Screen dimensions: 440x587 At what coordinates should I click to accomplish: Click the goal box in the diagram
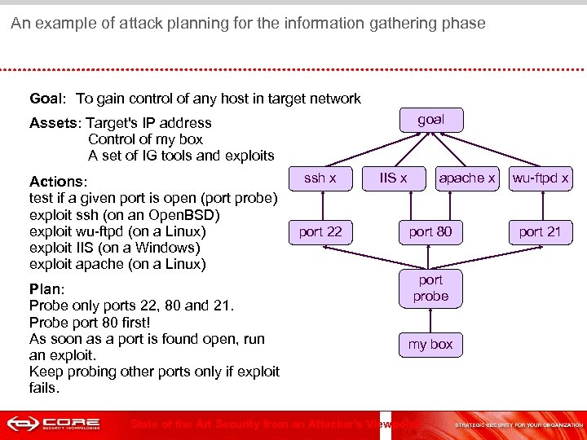[430, 120]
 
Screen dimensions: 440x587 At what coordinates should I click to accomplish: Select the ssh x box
[320, 178]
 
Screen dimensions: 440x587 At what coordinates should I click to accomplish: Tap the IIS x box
[394, 178]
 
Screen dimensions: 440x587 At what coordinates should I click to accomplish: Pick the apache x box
[467, 178]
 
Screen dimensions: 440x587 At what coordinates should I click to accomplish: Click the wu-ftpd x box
[540, 178]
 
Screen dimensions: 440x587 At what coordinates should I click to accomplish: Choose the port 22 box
[320, 232]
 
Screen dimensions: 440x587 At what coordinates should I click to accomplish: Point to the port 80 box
[430, 232]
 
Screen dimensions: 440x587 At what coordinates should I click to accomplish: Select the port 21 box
[540, 232]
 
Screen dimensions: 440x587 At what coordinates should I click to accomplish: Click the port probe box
[430, 288]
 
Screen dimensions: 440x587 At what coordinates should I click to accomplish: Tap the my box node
[430, 345]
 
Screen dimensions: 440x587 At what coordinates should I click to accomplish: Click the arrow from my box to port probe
[430, 319]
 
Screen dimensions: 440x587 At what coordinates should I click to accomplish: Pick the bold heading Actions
[56, 182]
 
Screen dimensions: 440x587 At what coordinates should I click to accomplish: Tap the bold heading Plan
[45, 289]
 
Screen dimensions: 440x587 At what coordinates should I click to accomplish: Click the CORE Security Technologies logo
[54, 424]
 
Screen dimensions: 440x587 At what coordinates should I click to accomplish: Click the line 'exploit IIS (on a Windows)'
[114, 248]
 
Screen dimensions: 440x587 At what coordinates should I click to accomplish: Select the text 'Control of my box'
[145, 139]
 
